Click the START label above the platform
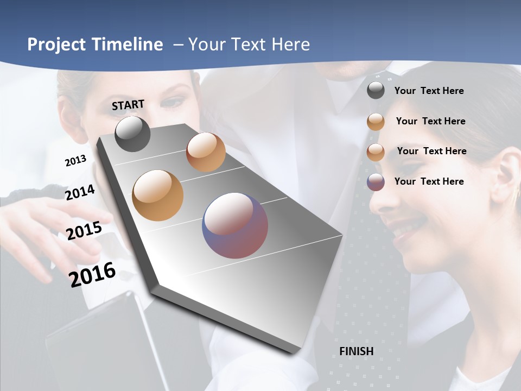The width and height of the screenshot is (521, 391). click(128, 105)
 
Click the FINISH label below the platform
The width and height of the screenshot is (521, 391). click(356, 351)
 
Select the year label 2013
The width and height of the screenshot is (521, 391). click(75, 161)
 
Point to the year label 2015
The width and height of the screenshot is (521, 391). click(84, 230)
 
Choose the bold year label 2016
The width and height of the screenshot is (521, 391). click(92, 274)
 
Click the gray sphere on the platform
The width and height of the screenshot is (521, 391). click(132, 134)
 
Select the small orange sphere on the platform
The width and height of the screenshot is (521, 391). click(206, 152)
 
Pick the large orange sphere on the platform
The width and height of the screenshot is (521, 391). click(157, 195)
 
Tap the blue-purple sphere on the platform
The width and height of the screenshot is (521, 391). click(235, 225)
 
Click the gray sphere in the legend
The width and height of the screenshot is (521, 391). click(376, 91)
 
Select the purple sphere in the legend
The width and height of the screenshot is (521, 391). click(376, 182)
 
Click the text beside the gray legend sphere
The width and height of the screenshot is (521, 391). click(429, 91)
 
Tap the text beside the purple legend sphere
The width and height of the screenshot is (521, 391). click(429, 181)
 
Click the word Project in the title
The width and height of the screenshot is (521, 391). click(55, 45)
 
